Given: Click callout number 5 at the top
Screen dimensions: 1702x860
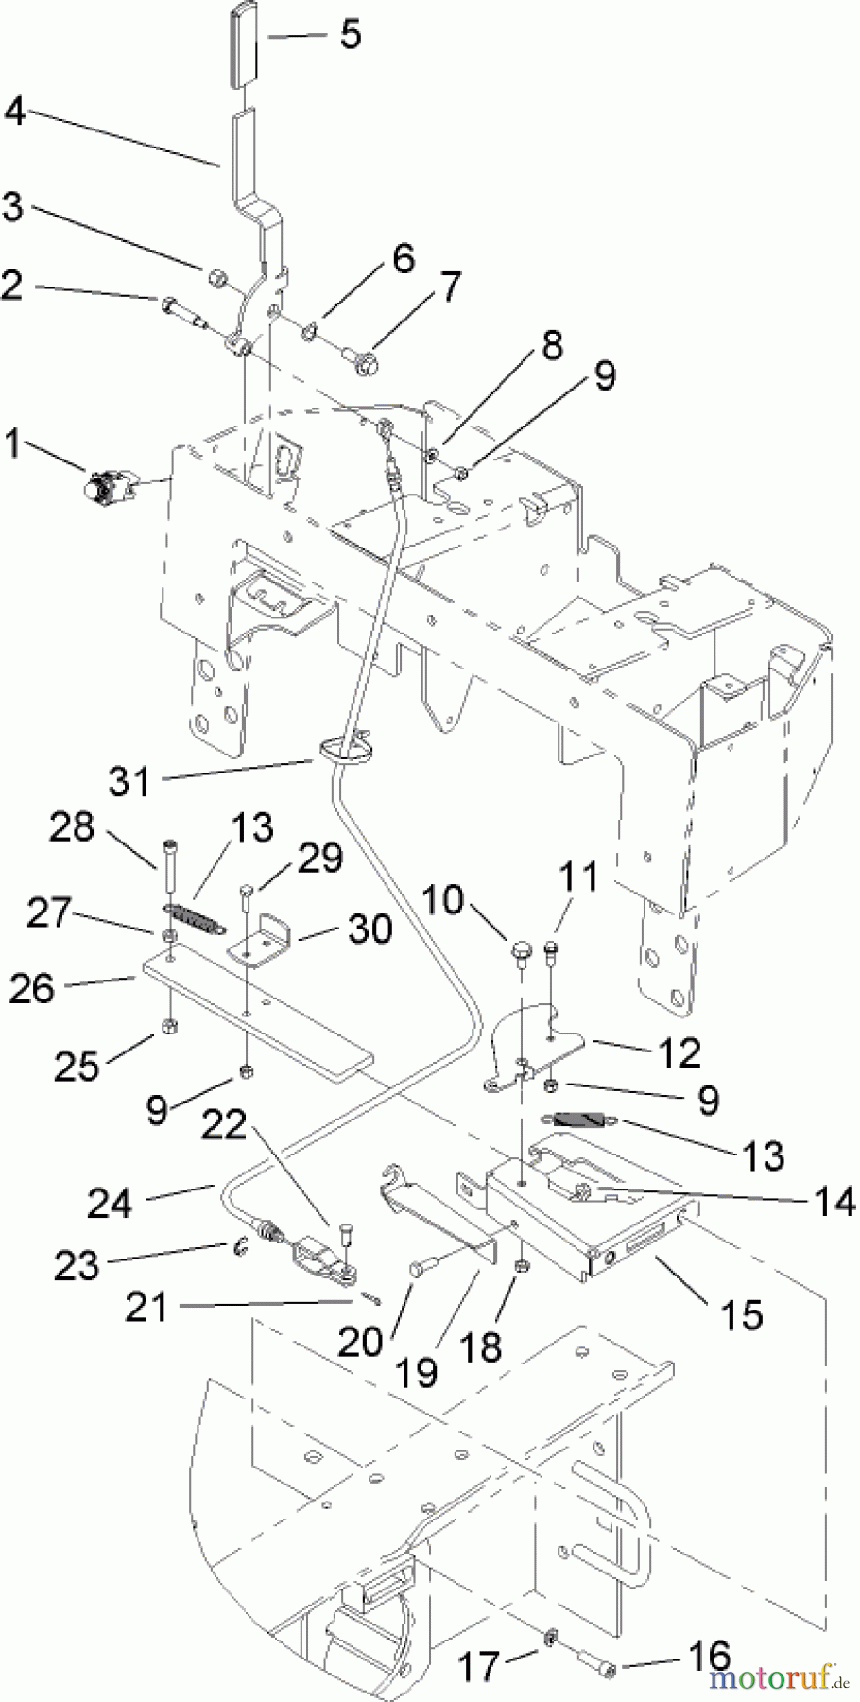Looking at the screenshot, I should click(350, 34).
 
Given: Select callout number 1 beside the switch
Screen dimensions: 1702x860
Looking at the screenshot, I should click(13, 443).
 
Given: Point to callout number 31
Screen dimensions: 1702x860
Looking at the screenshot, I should click(130, 781).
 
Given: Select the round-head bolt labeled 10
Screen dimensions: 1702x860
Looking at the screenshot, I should click(522, 948).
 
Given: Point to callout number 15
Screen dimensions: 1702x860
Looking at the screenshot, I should click(740, 1313).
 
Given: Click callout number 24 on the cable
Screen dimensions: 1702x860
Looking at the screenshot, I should click(110, 1203).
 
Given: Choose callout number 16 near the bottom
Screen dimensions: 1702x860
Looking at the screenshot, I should click(709, 1657).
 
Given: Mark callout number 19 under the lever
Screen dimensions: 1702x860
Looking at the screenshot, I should click(417, 1371).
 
